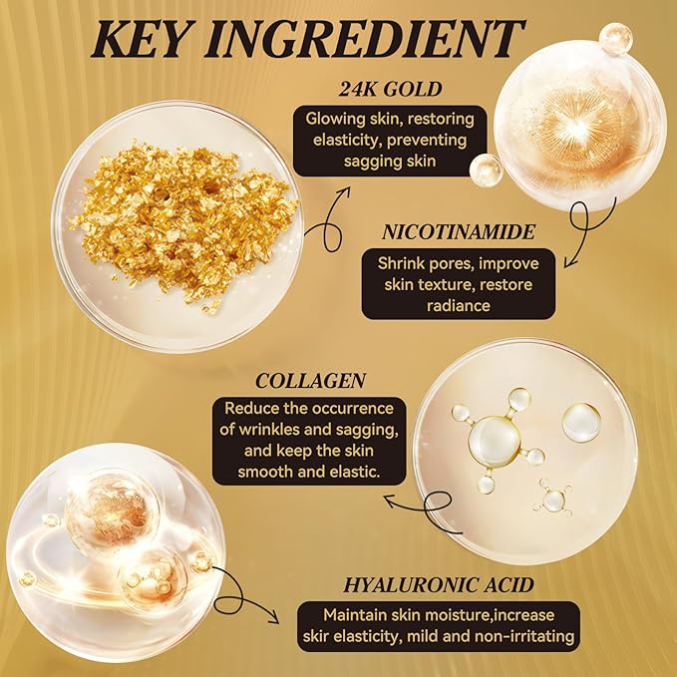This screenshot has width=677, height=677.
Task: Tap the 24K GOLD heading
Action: pyautogui.click(x=390, y=89)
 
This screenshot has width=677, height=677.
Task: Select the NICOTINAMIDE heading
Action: pyautogui.click(x=458, y=232)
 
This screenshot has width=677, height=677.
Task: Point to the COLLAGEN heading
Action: pyautogui.click(x=310, y=381)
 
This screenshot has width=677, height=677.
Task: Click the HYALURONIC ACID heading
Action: pyautogui.click(x=439, y=585)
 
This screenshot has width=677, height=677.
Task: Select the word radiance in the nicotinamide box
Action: pyautogui.click(x=458, y=306)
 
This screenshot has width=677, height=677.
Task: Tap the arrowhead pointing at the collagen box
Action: pyautogui.click(x=390, y=501)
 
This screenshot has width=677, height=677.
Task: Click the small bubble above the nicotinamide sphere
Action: pyautogui.click(x=616, y=39)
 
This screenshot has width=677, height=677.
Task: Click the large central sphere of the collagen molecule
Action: pyautogui.click(x=494, y=441)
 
